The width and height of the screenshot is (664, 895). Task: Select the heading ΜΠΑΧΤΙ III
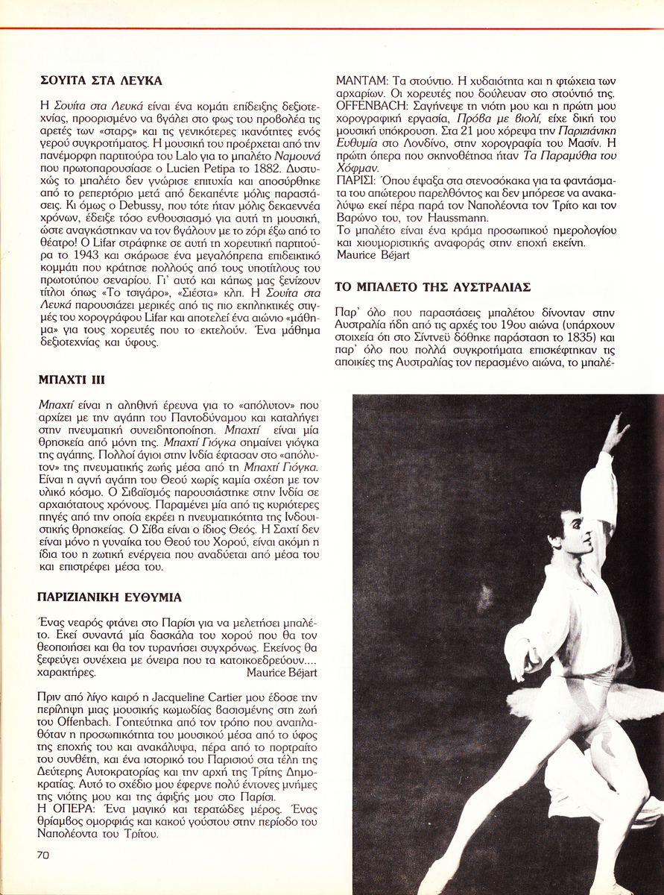(66, 378)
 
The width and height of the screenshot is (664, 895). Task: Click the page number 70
(42, 856)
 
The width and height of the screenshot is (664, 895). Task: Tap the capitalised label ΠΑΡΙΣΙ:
(354, 181)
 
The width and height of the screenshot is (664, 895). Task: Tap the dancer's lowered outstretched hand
(514, 656)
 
